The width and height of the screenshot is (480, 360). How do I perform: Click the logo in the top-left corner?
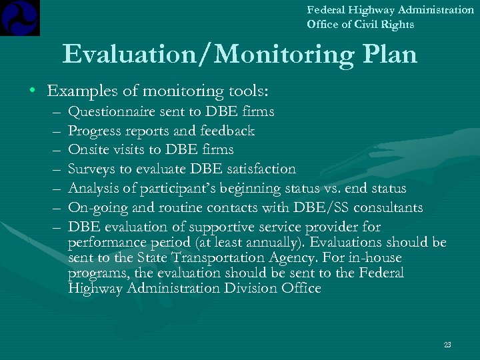(20, 17)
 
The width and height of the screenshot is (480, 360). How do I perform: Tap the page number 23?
(447, 345)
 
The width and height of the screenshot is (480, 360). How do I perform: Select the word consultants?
(386, 207)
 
